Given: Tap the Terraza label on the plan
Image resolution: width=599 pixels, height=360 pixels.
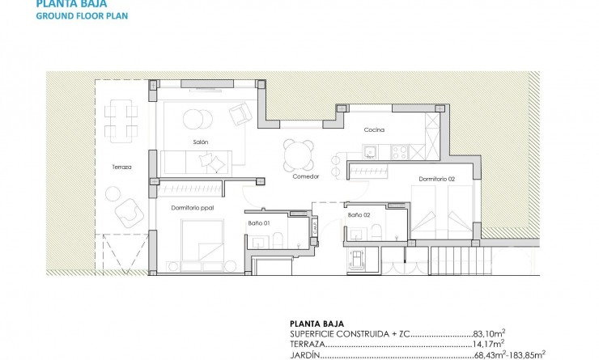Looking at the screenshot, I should point(122,167).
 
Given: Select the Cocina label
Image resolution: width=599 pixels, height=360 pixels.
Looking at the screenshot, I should point(373,129).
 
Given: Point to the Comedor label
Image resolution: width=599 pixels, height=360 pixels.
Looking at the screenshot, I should point(306,176).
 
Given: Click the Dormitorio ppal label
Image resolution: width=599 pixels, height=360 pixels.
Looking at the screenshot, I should point(191,208).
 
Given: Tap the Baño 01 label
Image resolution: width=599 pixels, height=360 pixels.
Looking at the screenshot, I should point(258,222).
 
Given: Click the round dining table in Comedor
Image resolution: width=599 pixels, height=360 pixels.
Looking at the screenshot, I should point(299,153).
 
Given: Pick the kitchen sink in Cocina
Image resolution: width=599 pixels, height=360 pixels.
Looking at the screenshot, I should point(370,151).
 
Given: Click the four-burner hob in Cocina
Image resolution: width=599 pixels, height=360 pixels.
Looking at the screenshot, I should point(398,151).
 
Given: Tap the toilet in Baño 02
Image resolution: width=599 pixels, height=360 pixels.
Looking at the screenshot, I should point(376,232).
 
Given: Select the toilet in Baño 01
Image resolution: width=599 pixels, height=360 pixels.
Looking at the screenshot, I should point(277,238).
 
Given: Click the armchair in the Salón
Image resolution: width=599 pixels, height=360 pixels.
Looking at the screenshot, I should point(240,114).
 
